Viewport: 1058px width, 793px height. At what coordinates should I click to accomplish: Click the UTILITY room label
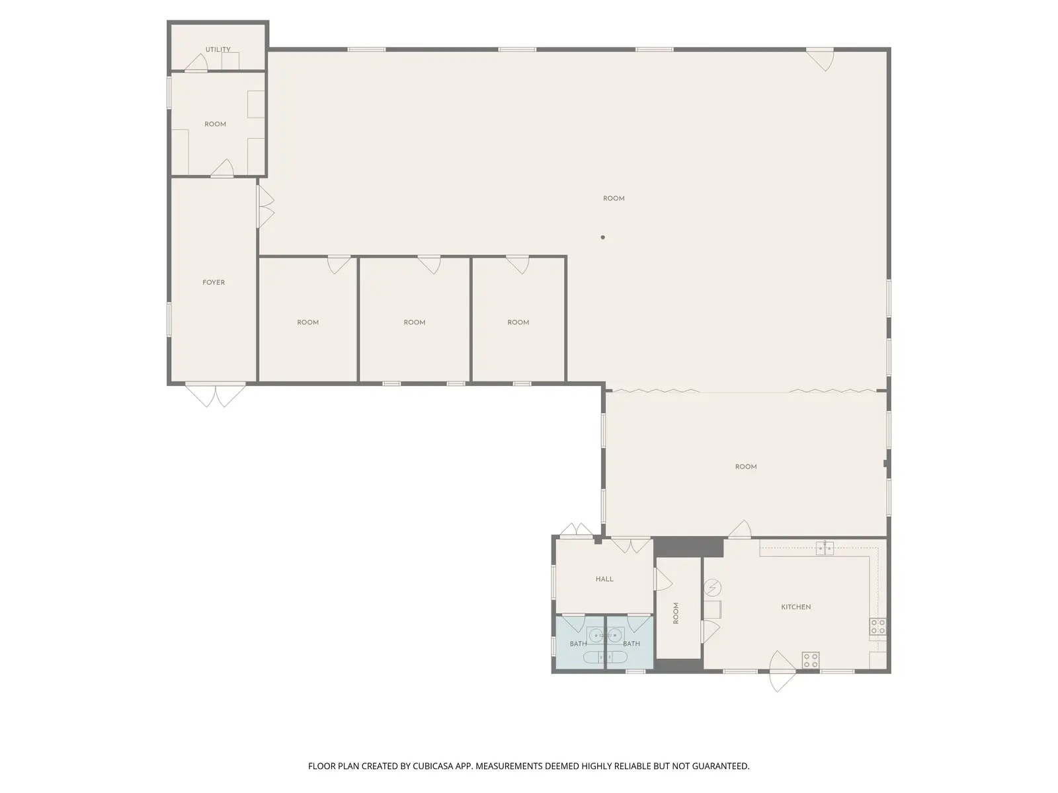pos(218,49)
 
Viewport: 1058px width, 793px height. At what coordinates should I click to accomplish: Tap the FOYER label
pos(214,283)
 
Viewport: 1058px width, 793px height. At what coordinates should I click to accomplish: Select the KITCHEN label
pos(795,607)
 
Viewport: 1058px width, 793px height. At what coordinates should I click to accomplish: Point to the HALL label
pos(604,580)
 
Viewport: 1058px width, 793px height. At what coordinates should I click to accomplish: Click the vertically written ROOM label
pos(676,613)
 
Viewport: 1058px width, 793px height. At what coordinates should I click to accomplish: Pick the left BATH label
pos(578,644)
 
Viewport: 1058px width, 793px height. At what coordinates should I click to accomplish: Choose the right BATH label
pos(631,644)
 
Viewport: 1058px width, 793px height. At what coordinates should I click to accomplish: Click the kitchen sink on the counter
pos(825,548)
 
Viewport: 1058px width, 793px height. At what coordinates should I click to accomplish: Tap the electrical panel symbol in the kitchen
pos(712,588)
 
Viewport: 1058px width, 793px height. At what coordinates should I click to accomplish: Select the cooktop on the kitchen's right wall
pos(877,627)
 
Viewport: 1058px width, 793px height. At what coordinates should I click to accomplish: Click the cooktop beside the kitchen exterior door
pos(811,660)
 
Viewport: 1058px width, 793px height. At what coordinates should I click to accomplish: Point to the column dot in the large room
pos(602,237)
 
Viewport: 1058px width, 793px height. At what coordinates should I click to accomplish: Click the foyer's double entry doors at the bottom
pos(215,395)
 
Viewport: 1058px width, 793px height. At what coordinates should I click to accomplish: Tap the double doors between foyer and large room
pos(266,207)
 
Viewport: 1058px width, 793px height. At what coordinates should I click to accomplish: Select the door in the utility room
pos(196,63)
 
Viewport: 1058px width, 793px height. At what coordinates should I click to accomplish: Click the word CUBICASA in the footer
pos(433,766)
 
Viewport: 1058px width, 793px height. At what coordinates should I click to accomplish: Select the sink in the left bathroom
pos(596,636)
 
